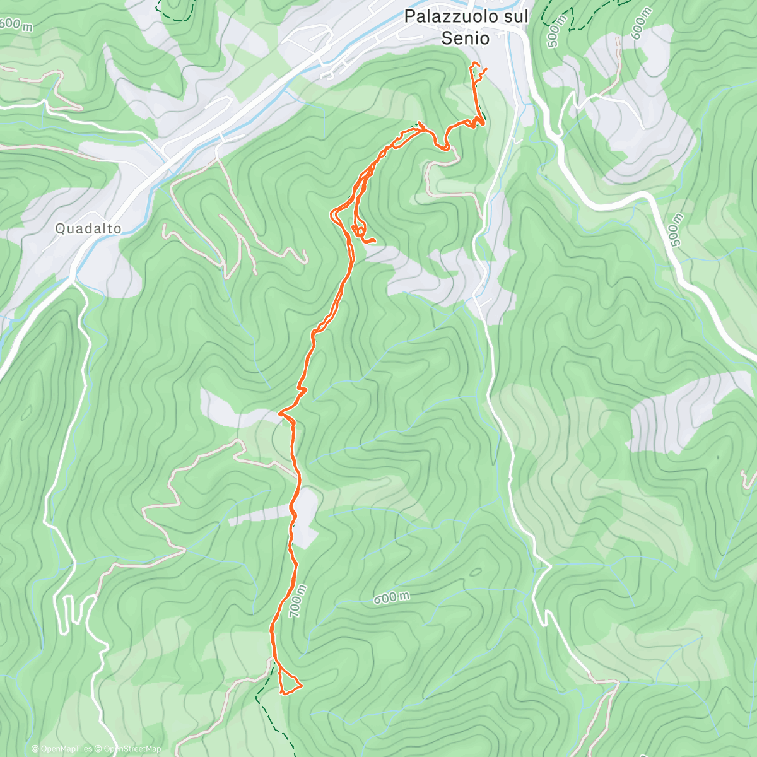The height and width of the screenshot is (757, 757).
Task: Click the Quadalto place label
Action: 88,228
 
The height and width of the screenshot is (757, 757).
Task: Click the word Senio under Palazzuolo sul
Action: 465,38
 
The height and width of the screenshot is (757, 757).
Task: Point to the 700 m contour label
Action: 297,601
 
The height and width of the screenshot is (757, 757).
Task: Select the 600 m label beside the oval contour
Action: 391,597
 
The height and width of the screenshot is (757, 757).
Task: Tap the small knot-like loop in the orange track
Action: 358,231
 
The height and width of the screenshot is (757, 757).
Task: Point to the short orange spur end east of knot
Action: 375,241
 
